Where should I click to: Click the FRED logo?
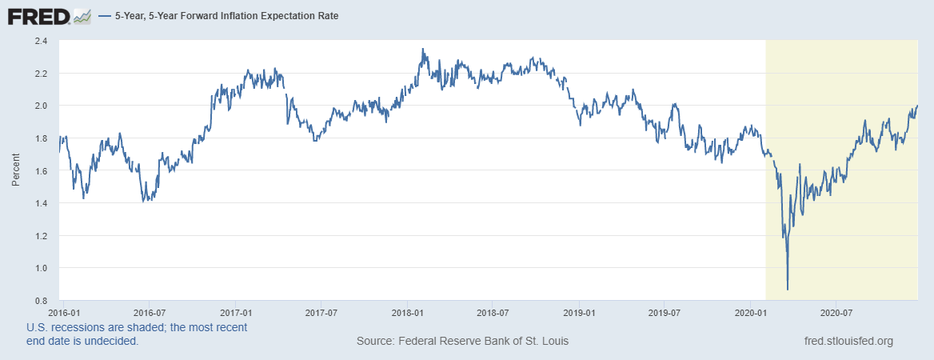point(38,15)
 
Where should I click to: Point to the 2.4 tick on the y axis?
point(41,40)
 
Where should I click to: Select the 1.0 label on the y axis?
point(41,268)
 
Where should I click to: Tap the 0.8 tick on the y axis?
point(41,301)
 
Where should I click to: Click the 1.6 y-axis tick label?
point(41,170)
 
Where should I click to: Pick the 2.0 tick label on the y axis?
point(41,106)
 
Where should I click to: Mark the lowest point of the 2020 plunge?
point(788,289)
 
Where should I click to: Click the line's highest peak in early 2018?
point(423,50)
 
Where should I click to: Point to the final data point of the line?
point(917,106)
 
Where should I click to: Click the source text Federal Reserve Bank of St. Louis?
point(462,342)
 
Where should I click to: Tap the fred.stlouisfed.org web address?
point(848,342)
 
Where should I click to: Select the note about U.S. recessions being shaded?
point(137,334)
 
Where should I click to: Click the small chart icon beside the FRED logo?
point(82,15)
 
